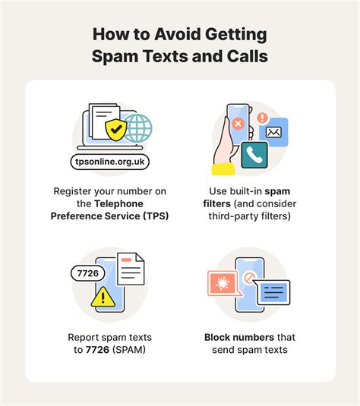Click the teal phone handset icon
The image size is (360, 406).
pos(254,154)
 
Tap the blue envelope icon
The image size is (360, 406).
pos(272,134)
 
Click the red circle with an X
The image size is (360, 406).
pos(238,122)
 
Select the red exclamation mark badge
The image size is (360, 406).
pos(263,118)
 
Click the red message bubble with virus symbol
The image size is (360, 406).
pos(225,283)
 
